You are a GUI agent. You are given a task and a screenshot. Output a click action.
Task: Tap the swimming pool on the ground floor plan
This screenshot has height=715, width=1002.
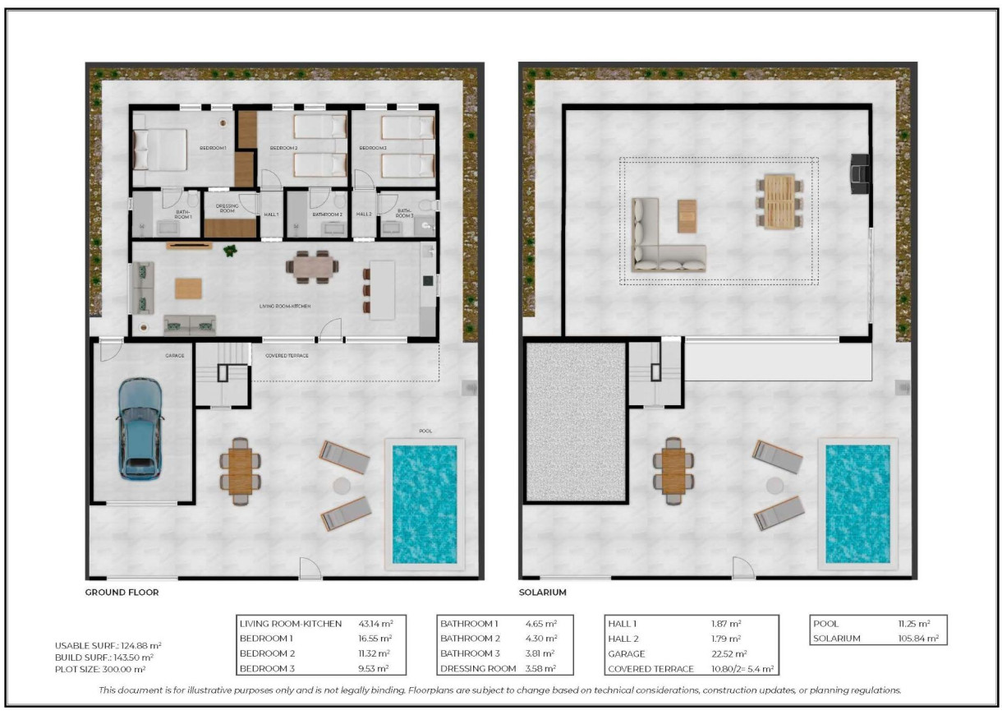coord(424,504)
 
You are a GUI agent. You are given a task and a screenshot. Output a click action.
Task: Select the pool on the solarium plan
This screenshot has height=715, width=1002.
coord(857,504)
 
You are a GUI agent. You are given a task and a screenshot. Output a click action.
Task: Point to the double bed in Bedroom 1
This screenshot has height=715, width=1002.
coord(160,149)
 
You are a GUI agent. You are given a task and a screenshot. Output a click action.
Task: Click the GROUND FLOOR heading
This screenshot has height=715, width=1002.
coord(122,592)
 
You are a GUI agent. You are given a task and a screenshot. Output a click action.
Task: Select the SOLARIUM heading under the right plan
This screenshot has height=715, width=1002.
coord(543,592)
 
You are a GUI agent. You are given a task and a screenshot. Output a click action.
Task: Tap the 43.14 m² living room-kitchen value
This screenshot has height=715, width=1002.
coord(375,624)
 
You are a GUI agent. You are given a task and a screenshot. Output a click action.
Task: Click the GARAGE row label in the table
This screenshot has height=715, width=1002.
coord(627,654)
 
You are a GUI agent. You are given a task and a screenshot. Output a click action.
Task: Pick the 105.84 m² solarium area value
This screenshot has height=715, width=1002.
coord(918,638)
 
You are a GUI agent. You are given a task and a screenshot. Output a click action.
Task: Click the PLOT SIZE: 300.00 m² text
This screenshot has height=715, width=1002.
coord(100,669)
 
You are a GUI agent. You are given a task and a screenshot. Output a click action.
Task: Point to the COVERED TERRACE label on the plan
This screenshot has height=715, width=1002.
coord(287,356)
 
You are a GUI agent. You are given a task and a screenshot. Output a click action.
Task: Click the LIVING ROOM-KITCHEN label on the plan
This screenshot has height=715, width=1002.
coord(284,306)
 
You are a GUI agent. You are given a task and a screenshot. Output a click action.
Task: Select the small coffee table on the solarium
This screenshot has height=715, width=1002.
coord(687,216)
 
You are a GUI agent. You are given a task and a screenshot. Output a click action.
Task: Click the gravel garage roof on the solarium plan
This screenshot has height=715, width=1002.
coord(575,421)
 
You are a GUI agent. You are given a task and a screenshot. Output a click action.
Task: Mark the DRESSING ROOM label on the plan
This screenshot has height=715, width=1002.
coord(227,209)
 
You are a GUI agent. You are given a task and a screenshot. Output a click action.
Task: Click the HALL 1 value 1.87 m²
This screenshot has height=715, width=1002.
coord(726,624)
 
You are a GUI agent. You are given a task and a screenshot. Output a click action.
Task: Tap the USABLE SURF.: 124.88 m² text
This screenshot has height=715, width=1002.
coord(105,645)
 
